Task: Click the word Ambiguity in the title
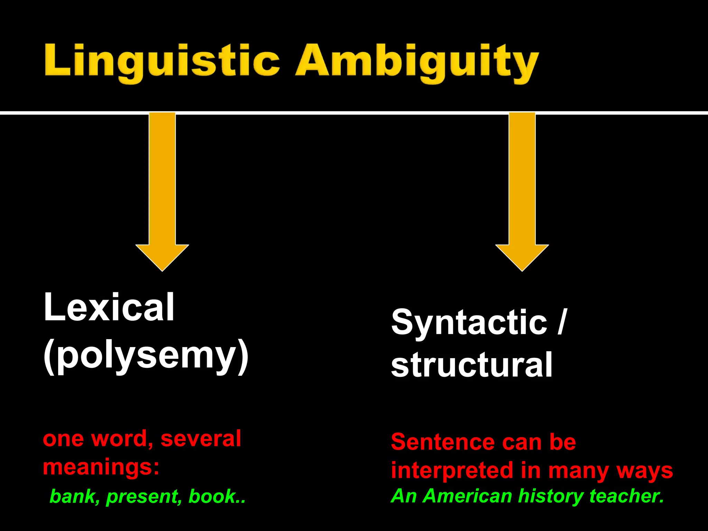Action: point(417,62)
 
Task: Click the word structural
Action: point(472,365)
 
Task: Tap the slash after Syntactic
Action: point(562,322)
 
